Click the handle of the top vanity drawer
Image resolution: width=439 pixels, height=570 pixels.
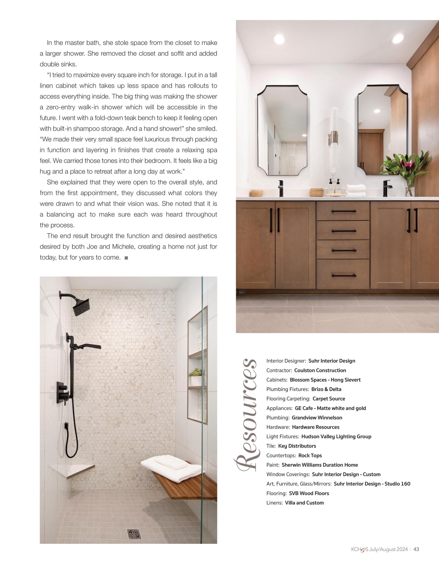[x=344, y=211]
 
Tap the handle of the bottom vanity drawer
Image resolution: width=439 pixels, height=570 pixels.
[x=344, y=275]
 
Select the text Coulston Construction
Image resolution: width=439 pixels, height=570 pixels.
[x=320, y=370]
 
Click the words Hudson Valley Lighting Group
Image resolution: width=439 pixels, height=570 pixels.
[x=336, y=436]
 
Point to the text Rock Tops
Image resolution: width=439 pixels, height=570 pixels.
[x=310, y=455]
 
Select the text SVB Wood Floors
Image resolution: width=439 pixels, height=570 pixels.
[x=309, y=493]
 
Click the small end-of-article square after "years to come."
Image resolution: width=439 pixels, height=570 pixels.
[x=126, y=258]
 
